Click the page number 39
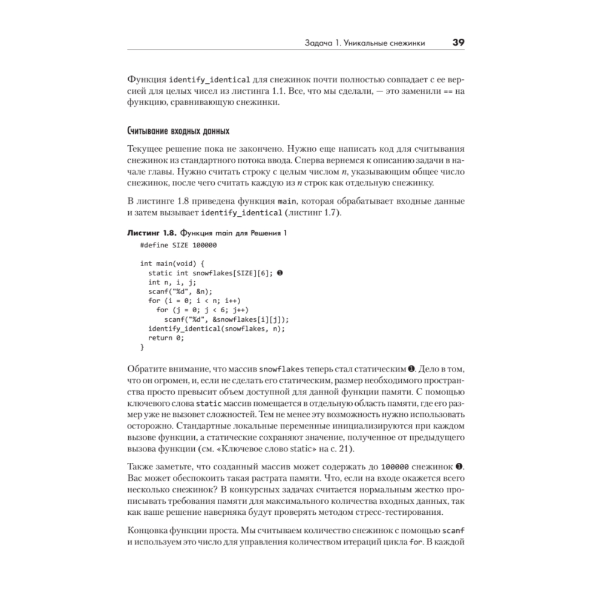pos(458,43)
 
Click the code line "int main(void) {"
pos(174,263)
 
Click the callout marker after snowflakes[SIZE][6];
pos(280,273)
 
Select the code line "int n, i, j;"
pos(172,282)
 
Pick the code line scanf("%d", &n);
pos(180,291)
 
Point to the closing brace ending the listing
pos(142,347)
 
